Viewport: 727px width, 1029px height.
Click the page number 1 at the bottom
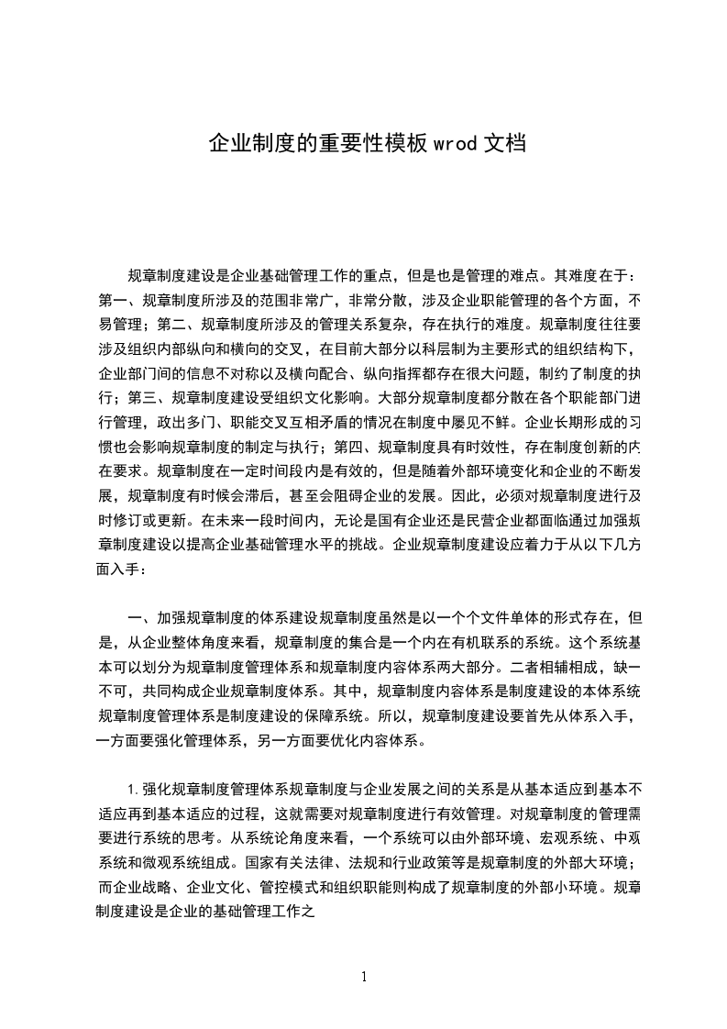coord(364,977)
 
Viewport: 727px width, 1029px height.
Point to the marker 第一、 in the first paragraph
coord(118,300)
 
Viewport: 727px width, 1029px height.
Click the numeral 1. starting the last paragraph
coord(134,788)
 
